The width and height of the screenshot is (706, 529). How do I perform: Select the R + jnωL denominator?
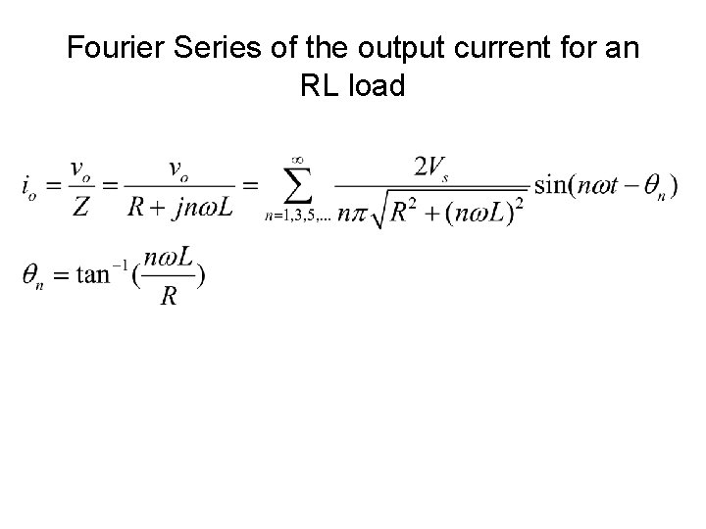179,207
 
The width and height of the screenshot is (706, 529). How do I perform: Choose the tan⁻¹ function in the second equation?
106,275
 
